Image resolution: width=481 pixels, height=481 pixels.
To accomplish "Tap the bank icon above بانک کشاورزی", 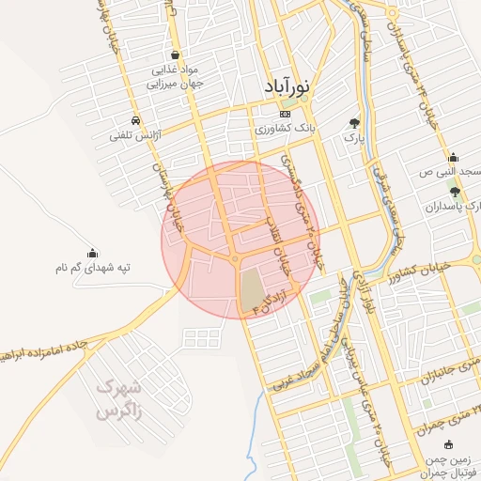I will tap(259, 114).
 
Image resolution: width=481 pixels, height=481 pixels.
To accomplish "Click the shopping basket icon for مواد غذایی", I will tap(178, 54).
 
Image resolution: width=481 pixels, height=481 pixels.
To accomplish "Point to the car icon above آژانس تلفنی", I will tap(136, 121).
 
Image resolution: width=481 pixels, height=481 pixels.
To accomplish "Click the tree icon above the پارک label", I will tap(354, 122).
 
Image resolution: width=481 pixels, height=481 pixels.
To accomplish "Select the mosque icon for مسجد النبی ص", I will tap(454, 157).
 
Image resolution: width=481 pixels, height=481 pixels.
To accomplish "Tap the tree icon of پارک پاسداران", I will tap(456, 191).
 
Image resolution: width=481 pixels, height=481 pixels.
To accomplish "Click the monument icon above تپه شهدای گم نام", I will tap(92, 253).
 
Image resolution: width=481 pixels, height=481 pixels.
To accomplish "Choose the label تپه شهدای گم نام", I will tap(92, 268).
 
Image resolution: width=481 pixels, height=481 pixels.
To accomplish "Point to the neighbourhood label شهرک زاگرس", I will tap(121, 397).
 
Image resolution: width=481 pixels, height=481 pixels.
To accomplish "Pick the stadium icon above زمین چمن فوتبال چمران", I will tap(449, 444).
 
